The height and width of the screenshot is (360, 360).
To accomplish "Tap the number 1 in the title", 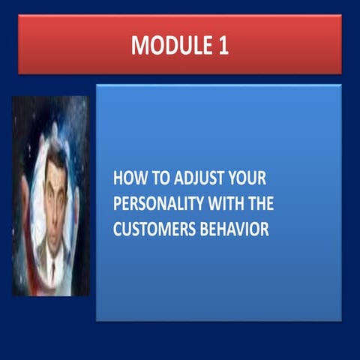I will tap(223, 45).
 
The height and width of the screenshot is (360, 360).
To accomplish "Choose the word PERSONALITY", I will tap(155, 205).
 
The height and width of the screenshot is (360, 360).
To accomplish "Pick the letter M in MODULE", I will tap(139, 45).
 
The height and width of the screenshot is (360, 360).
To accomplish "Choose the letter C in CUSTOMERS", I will tap(118, 229).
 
